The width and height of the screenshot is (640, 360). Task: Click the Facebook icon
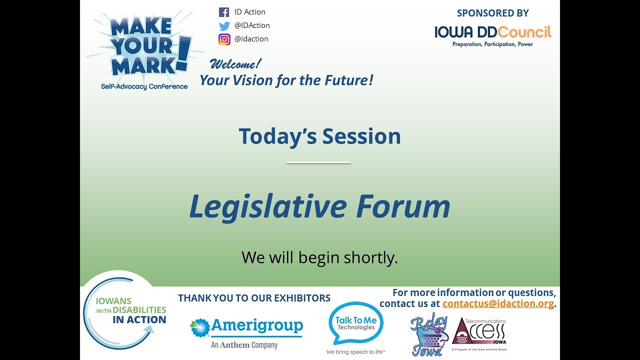click(224, 12)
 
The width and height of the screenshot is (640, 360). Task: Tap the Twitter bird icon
click(224, 26)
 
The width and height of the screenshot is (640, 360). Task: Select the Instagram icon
click(224, 39)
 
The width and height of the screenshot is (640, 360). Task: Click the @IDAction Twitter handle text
click(252, 25)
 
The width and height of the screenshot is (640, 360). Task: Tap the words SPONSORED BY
click(492, 13)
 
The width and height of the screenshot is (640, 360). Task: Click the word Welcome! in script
click(235, 64)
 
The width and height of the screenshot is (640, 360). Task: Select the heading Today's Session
click(319, 136)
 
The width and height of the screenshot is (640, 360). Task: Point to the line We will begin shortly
click(319, 257)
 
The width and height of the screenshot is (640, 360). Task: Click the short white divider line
click(318, 162)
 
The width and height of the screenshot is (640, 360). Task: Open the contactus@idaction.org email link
click(498, 304)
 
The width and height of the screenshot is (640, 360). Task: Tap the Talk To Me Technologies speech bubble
click(355, 324)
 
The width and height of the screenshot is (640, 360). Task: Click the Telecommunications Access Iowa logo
click(479, 334)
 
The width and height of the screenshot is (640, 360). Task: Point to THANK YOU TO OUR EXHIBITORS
click(254, 298)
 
